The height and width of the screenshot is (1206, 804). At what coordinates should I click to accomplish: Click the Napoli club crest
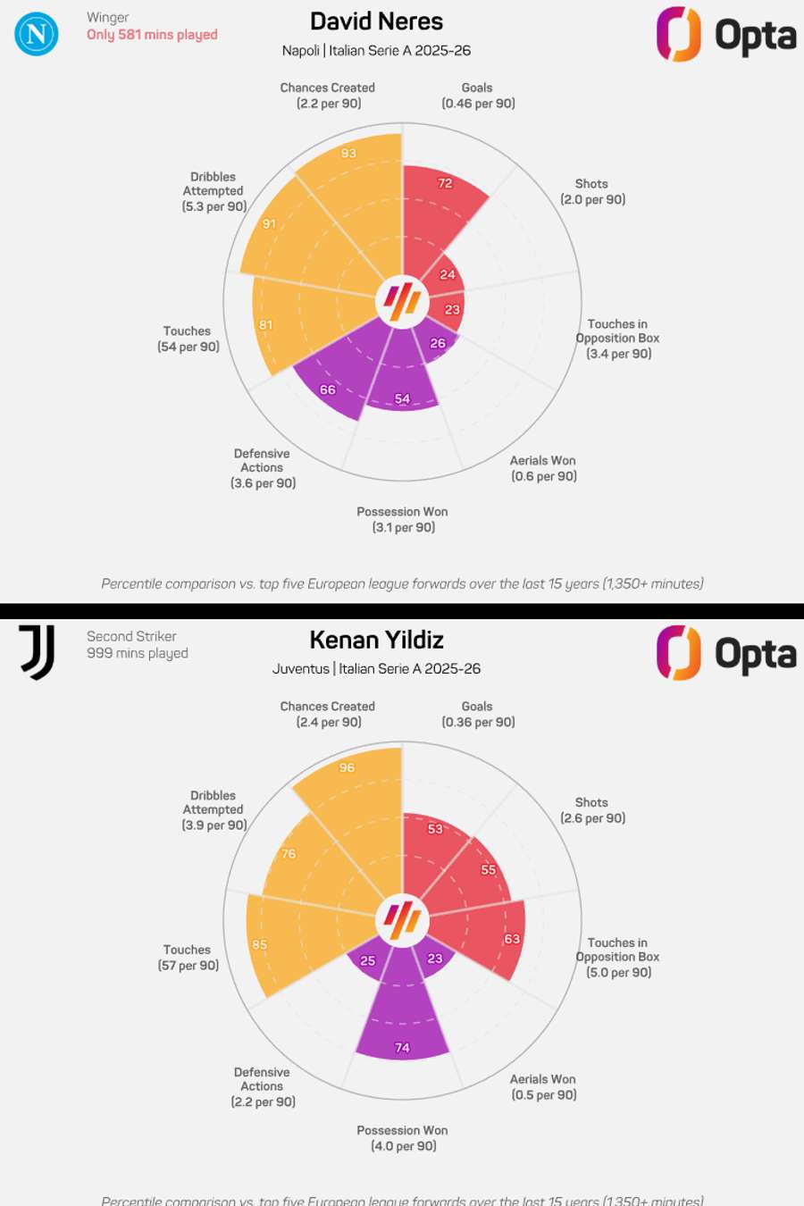click(x=37, y=34)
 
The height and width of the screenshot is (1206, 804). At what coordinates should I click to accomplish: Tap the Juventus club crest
click(x=38, y=651)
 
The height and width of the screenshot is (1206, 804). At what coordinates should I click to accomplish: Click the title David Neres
click(x=376, y=21)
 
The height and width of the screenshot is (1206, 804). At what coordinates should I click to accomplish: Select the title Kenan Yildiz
click(x=376, y=640)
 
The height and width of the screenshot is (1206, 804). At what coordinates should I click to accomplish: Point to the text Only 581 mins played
click(x=152, y=35)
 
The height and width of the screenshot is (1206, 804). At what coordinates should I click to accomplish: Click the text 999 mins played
click(x=138, y=653)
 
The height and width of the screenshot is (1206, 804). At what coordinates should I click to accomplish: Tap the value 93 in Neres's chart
click(x=348, y=153)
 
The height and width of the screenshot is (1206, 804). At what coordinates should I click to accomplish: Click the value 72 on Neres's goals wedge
click(x=445, y=183)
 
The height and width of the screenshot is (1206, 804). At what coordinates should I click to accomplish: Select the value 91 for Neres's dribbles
click(x=269, y=224)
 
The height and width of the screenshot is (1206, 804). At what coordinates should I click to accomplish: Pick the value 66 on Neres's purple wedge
click(x=328, y=389)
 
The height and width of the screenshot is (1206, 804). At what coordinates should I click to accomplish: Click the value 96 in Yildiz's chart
click(x=347, y=767)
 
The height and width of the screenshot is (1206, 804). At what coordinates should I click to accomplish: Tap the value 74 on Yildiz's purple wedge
click(x=402, y=1048)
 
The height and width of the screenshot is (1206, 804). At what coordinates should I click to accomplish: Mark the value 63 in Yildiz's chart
click(x=512, y=939)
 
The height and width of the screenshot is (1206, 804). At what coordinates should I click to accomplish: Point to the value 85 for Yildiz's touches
click(x=260, y=944)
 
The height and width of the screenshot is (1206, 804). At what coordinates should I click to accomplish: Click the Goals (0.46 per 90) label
click(x=478, y=96)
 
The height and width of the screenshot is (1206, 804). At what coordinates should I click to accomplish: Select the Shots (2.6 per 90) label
click(x=592, y=810)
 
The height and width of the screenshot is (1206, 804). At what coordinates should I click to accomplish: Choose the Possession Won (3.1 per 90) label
click(x=403, y=519)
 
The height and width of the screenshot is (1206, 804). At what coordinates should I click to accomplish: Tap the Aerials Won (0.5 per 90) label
click(x=543, y=1087)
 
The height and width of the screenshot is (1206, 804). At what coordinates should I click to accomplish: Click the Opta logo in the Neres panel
click(x=725, y=35)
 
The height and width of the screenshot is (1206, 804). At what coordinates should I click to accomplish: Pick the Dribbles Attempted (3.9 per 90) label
click(x=214, y=810)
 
